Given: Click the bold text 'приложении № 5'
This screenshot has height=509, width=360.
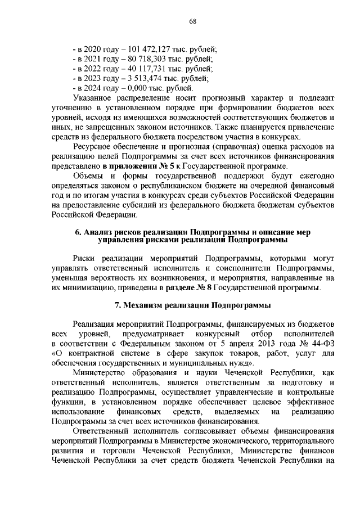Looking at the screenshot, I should (x=130, y=166).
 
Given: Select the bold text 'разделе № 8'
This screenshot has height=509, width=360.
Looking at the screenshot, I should (x=189, y=289).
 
